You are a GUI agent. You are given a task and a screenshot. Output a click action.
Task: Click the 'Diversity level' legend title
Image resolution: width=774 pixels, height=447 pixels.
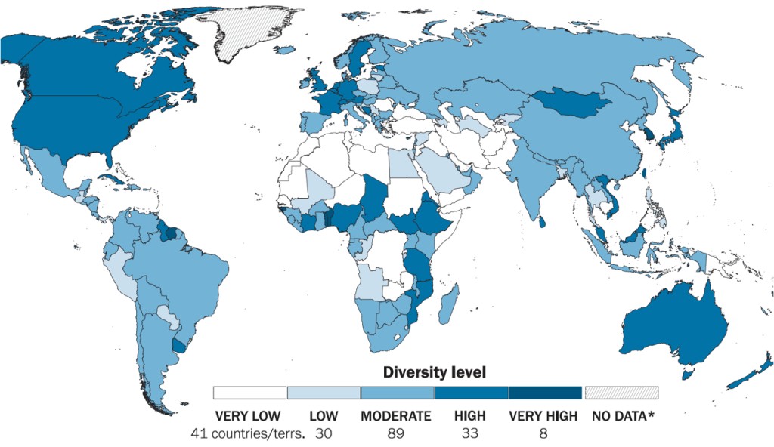tap(434, 372)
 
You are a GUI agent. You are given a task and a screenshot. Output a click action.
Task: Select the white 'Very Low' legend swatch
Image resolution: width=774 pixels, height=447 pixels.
tap(249, 393)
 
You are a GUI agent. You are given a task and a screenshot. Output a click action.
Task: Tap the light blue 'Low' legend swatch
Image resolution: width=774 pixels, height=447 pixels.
tap(323, 393)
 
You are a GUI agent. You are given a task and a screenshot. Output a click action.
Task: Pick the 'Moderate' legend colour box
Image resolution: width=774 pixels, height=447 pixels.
tap(397, 393)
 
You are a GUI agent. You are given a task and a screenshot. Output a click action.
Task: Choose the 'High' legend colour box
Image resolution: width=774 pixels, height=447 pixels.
tap(471, 393)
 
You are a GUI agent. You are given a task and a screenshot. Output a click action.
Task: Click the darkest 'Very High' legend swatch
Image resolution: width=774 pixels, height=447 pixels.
tap(545, 393)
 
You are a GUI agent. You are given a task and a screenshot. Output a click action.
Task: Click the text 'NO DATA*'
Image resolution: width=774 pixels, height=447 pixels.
tap(622, 416)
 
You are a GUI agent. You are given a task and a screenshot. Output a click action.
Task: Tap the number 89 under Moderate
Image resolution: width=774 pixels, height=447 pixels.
tap(396, 433)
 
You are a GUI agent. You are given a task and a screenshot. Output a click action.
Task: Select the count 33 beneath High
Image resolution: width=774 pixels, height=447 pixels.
tap(469, 433)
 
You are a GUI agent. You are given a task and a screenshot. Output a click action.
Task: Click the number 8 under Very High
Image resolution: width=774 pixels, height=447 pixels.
tap(543, 433)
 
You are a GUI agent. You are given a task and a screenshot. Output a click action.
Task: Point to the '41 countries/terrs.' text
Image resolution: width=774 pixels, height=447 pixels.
tap(249, 433)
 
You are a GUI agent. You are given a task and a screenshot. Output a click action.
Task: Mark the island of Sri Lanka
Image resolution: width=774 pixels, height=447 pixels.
tap(543, 221)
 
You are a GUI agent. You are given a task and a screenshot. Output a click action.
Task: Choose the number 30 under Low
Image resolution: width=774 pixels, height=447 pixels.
tap(323, 433)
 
